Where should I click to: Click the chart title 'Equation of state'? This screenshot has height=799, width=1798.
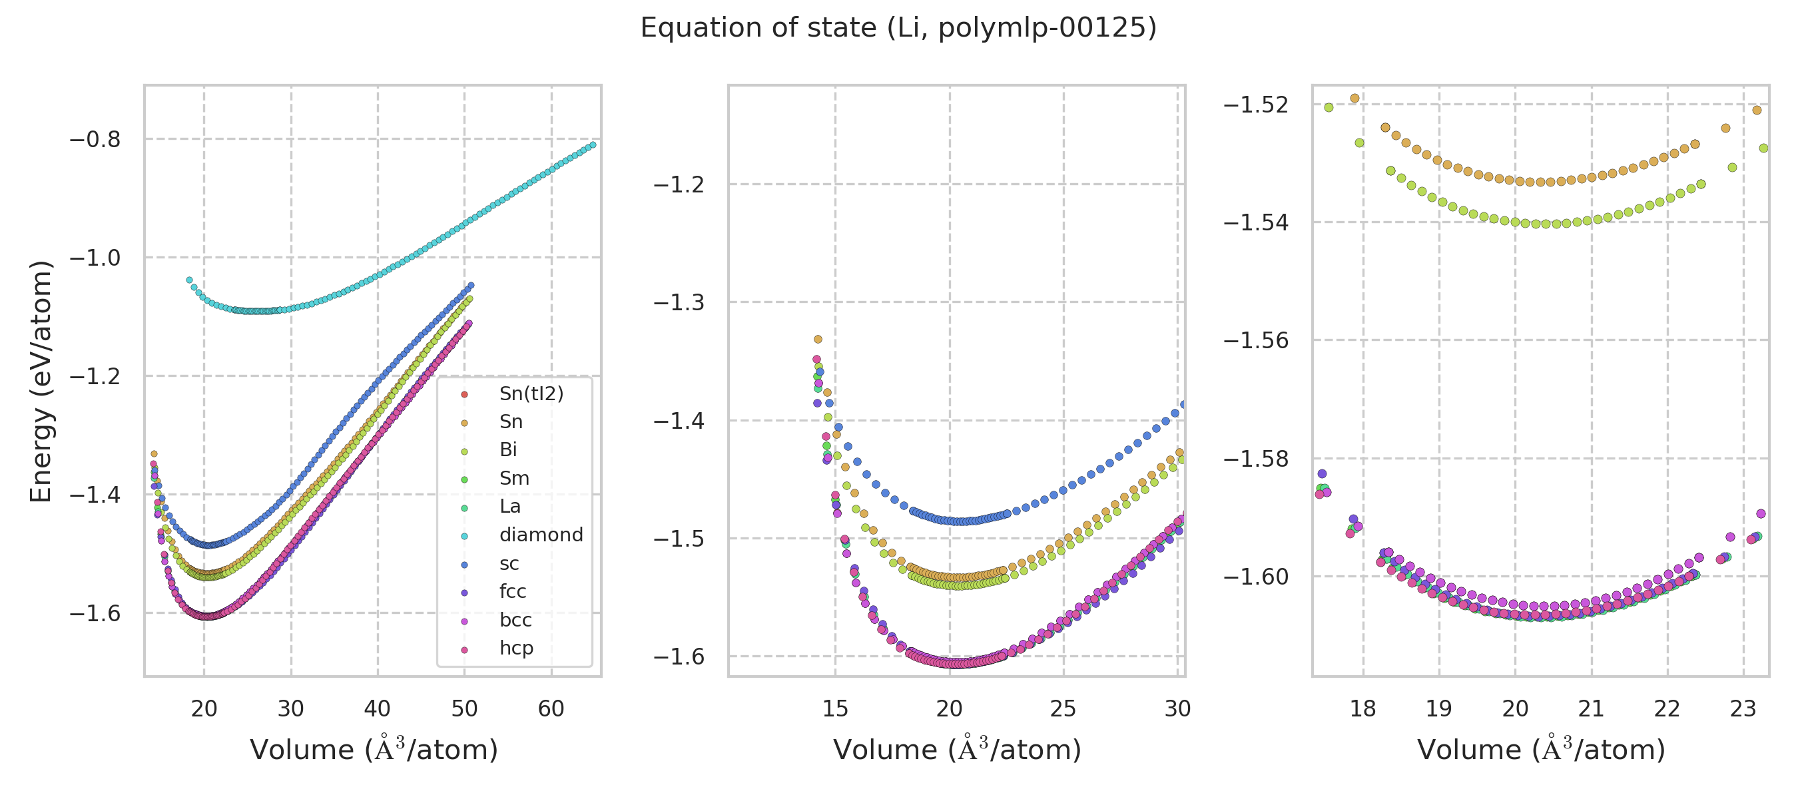pyautogui.click(x=898, y=29)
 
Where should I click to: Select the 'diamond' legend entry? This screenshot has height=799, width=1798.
pyautogui.click(x=541, y=535)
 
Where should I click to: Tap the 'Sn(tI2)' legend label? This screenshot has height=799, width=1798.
pyautogui.click(x=531, y=394)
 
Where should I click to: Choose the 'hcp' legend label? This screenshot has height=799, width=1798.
pyautogui.click(x=516, y=649)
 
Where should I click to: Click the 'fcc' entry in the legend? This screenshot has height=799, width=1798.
pyautogui.click(x=512, y=592)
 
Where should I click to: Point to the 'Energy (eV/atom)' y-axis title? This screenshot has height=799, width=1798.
pyautogui.click(x=41, y=381)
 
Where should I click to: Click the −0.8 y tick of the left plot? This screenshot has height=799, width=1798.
pyautogui.click(x=95, y=140)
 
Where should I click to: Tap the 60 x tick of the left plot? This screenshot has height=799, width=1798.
pyautogui.click(x=551, y=709)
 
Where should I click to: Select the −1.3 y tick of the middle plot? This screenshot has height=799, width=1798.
pyautogui.click(x=679, y=303)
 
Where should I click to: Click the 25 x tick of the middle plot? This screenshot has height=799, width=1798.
pyautogui.click(x=1063, y=709)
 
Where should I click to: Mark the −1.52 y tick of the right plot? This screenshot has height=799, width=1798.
pyautogui.click(x=1256, y=105)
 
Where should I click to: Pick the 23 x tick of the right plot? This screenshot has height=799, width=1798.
pyautogui.click(x=1743, y=709)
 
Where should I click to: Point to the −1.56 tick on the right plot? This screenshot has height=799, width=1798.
pyautogui.click(x=1256, y=340)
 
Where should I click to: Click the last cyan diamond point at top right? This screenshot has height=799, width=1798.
pyautogui.click(x=593, y=145)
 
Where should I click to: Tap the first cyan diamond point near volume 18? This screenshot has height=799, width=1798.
pyautogui.click(x=189, y=280)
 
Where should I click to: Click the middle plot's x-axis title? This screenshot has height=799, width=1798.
pyautogui.click(x=957, y=750)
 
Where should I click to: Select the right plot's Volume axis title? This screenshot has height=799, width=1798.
pyautogui.click(x=1541, y=750)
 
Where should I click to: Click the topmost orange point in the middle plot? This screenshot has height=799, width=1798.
pyautogui.click(x=818, y=340)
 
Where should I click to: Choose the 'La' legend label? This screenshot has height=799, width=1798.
pyautogui.click(x=509, y=507)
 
